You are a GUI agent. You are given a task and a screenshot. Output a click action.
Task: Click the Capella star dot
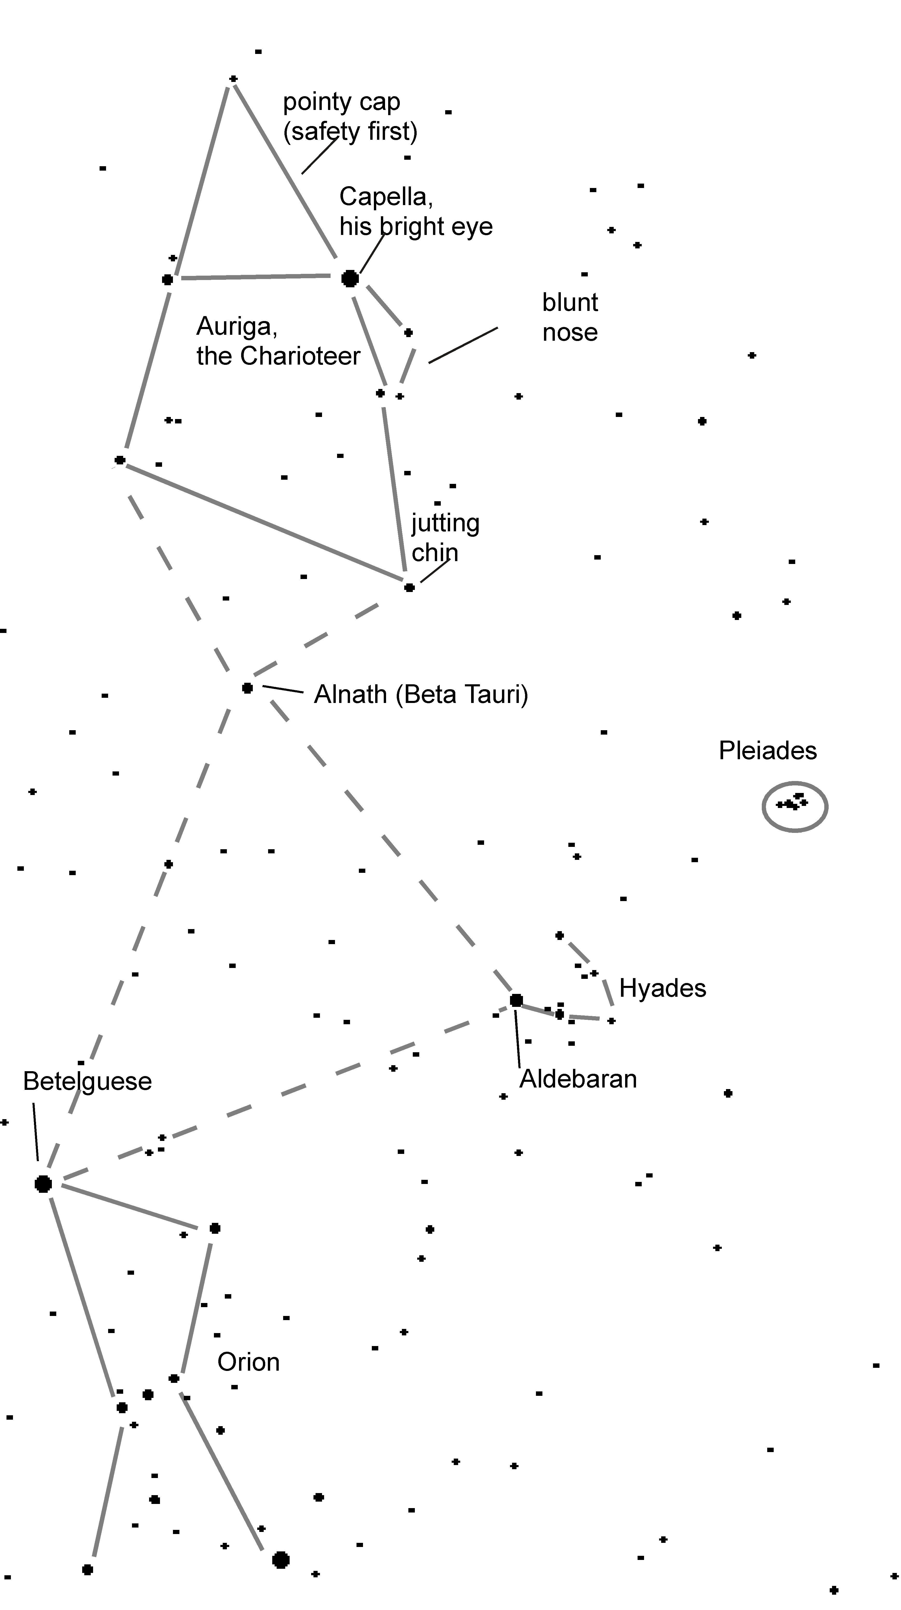350,278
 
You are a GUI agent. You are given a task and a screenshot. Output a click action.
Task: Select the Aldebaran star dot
516,1000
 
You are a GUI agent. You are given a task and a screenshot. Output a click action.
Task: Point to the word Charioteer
300,356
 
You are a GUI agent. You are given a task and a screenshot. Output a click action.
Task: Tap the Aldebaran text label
578,1079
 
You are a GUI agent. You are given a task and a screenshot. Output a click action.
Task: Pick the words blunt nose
570,317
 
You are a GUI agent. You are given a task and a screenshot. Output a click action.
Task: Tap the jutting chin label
445,538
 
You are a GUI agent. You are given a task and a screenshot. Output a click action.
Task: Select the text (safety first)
350,131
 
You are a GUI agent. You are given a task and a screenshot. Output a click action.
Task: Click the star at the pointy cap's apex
233,79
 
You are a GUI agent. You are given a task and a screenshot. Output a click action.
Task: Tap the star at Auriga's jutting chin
409,588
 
